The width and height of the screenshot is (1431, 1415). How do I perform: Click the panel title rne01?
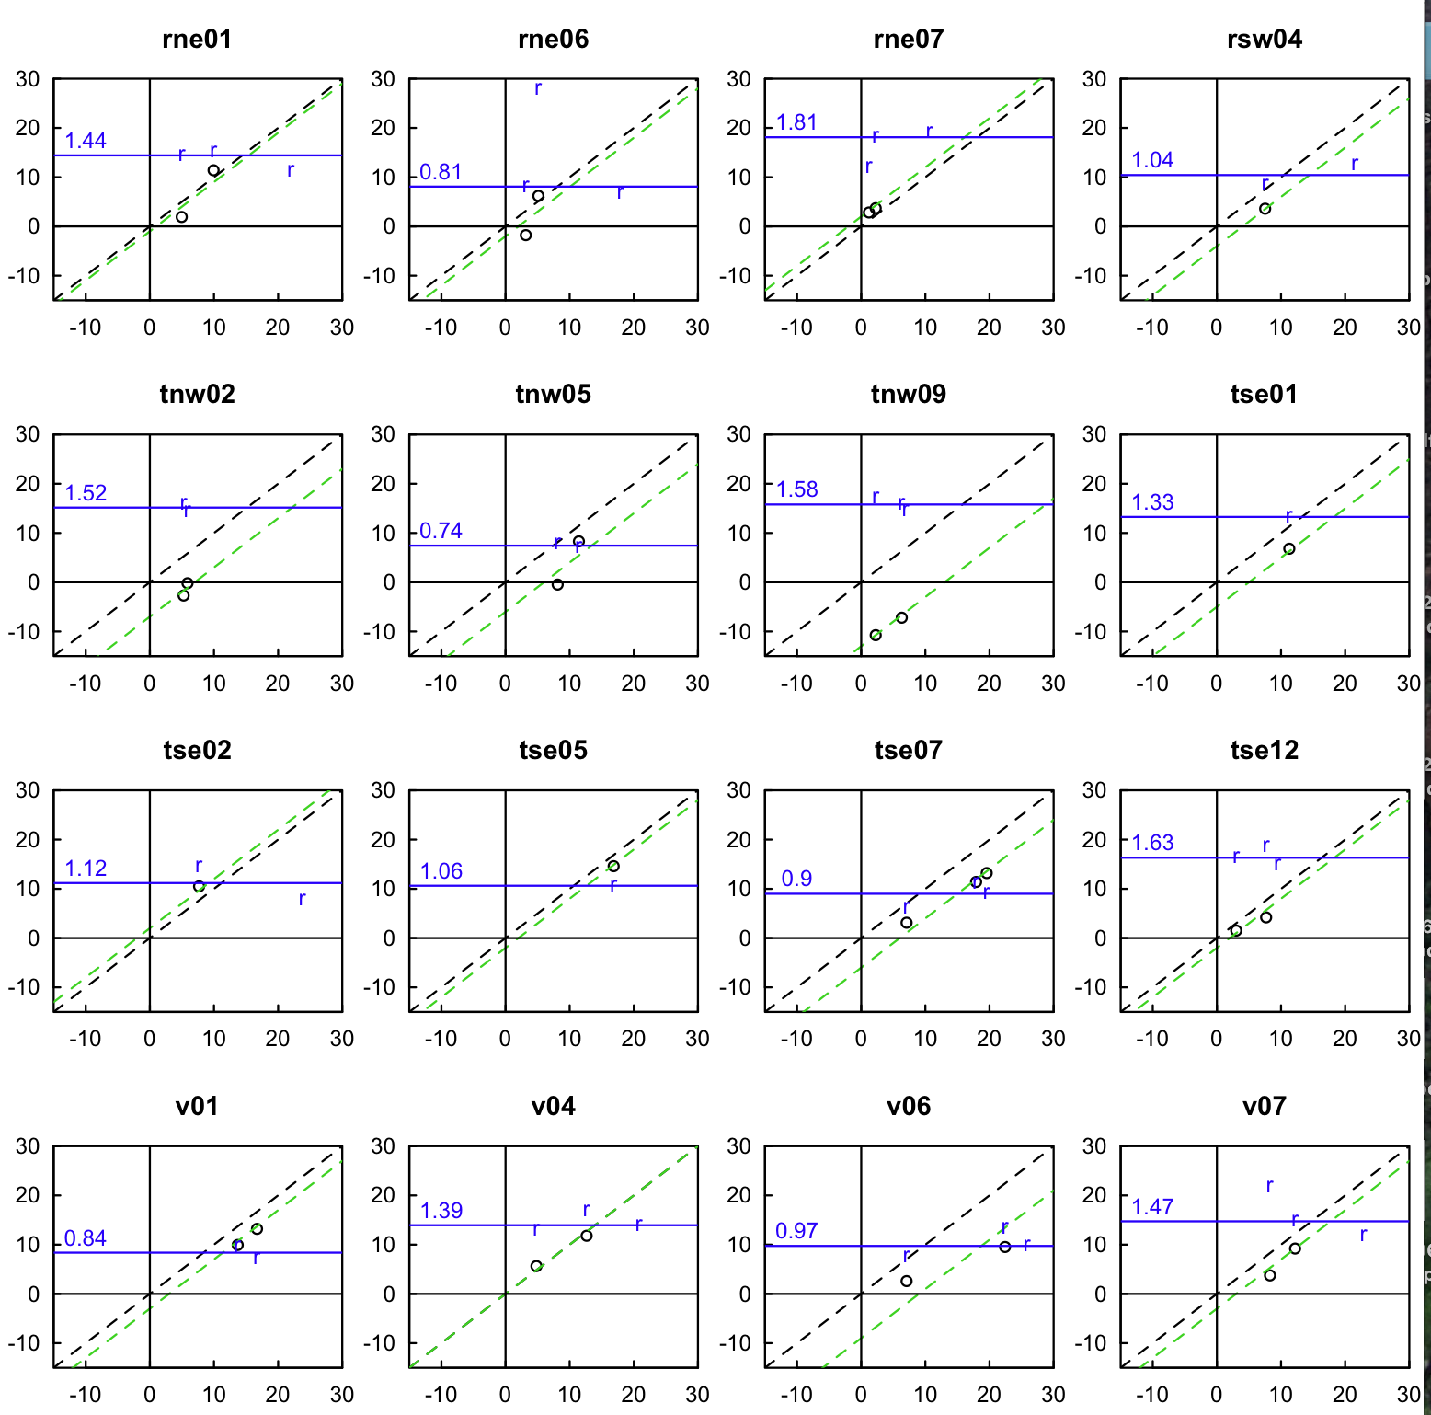[197, 40]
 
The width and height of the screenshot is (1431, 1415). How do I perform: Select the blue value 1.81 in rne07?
[796, 122]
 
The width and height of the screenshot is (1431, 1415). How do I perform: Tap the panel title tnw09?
[909, 395]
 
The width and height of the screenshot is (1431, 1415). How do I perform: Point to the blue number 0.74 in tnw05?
[441, 531]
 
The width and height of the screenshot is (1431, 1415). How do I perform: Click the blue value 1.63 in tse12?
[1152, 843]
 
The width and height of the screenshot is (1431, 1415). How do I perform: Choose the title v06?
[909, 1106]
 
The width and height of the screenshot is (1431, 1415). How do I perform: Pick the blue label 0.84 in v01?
[86, 1238]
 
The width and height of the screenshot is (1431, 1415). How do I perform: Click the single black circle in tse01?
[1289, 549]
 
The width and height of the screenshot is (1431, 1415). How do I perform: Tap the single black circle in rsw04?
[1265, 209]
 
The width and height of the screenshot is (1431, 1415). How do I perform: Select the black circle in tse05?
[613, 867]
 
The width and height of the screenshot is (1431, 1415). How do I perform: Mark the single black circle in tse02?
[199, 887]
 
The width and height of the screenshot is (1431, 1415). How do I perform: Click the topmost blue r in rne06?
[538, 88]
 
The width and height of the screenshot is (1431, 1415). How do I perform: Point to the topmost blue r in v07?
[1270, 1186]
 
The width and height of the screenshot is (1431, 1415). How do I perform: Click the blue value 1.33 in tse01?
[1152, 502]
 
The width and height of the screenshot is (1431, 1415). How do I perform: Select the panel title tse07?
[909, 751]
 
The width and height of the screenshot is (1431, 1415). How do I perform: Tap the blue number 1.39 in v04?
[441, 1211]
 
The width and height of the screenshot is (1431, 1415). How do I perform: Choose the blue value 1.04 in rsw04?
[1152, 160]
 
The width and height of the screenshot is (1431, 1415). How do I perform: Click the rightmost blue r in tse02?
[302, 899]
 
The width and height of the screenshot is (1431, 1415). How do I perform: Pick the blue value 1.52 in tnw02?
[86, 493]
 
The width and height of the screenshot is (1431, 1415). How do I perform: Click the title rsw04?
[1265, 40]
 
